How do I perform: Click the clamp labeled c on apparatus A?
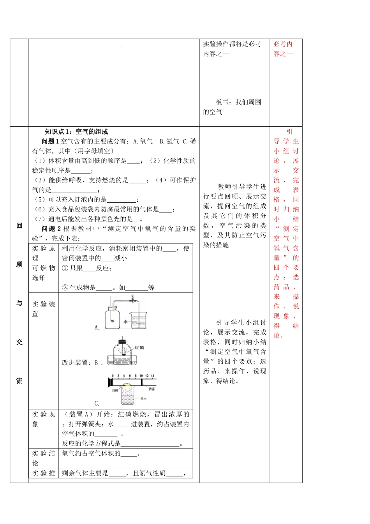coord(132,300)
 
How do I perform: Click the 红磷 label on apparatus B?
coord(139,347)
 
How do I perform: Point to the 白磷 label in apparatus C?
coord(115,390)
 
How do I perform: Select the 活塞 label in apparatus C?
coord(152,389)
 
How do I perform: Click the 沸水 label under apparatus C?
coord(143,398)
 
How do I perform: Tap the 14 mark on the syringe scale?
coord(153,376)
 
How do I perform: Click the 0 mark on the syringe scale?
coord(113,376)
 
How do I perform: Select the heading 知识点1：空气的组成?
coord(76,132)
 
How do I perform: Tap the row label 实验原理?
coord(43,253)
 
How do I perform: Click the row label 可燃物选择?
coord(43,273)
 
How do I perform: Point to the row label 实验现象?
coord(43,419)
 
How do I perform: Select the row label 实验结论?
coord(43,458)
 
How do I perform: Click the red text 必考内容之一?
coord(283,49)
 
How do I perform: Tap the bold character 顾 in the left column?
coord(19,265)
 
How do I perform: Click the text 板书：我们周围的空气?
coord(232,107)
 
